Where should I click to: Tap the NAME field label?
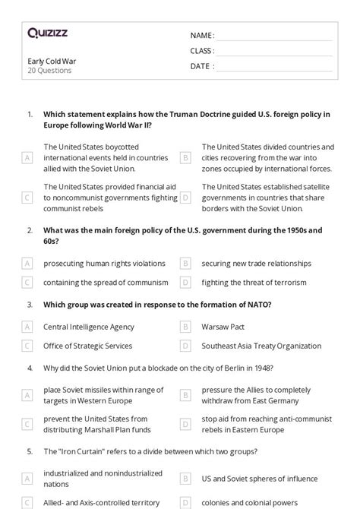[x=202, y=36]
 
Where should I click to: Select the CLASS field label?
[x=202, y=51]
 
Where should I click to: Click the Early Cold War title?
[x=52, y=61]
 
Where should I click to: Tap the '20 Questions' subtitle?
[x=49, y=71]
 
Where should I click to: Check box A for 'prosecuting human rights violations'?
[x=27, y=264]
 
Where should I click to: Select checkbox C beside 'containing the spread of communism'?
[x=27, y=283]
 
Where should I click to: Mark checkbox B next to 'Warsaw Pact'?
[x=185, y=327]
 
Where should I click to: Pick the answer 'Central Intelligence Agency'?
[x=89, y=327]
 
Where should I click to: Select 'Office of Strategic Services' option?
[x=88, y=346]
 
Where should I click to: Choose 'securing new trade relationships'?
[x=256, y=264]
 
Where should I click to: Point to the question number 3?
[x=30, y=305]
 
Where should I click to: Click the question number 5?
[x=30, y=451]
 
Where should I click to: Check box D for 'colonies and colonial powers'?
[x=185, y=502]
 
